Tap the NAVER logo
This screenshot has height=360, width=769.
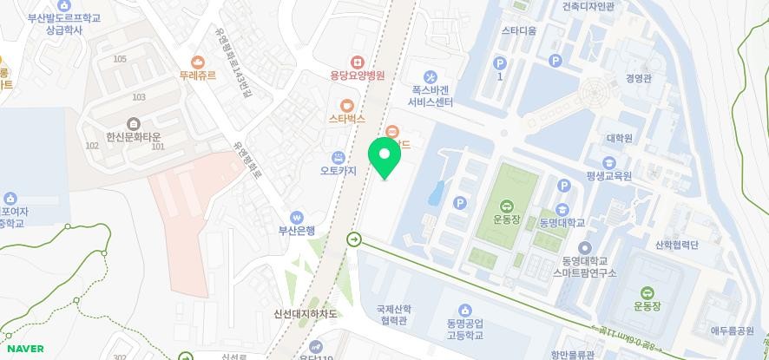click(x=23, y=348)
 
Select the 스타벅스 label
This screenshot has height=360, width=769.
click(x=347, y=119)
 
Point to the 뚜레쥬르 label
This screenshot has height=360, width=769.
click(x=198, y=75)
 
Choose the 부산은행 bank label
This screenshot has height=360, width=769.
click(x=296, y=231)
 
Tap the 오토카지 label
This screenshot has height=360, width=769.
click(x=338, y=171)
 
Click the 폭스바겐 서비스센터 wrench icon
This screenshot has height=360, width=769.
click(x=431, y=78)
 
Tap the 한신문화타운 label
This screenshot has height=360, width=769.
click(x=134, y=137)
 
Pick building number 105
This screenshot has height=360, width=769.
click(x=120, y=59)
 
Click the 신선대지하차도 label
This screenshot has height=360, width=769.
click(x=305, y=314)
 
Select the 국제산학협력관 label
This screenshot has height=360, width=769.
click(x=393, y=315)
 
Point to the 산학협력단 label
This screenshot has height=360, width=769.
click(x=677, y=245)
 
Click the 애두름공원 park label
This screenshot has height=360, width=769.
click(x=733, y=331)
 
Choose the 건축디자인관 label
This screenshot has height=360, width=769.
click(x=588, y=6)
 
